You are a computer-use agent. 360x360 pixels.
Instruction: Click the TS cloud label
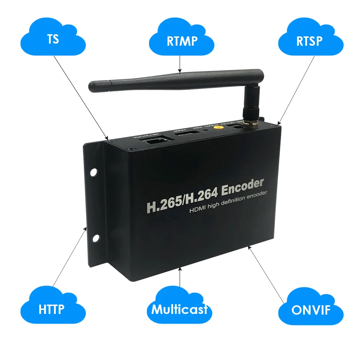pyautogui.click(x=53, y=39)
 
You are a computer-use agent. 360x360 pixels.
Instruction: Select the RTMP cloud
pyautogui.click(x=182, y=40)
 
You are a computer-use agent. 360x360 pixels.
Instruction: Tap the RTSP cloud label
pyautogui.click(x=310, y=40)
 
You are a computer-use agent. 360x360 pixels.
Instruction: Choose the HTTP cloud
pyautogui.click(x=51, y=309)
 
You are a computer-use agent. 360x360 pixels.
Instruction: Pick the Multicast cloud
pyautogui.click(x=179, y=309)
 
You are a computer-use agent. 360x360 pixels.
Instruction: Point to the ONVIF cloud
pyautogui.click(x=310, y=310)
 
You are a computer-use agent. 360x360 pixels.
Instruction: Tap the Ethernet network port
pyautogui.click(x=153, y=141)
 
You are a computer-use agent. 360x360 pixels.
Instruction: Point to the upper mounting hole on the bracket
pyautogui.click(x=94, y=172)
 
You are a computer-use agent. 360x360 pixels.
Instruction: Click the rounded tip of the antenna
pyautogui.click(x=92, y=86)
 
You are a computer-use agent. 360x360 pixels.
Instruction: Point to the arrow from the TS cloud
pyautogui.click(x=83, y=97)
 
